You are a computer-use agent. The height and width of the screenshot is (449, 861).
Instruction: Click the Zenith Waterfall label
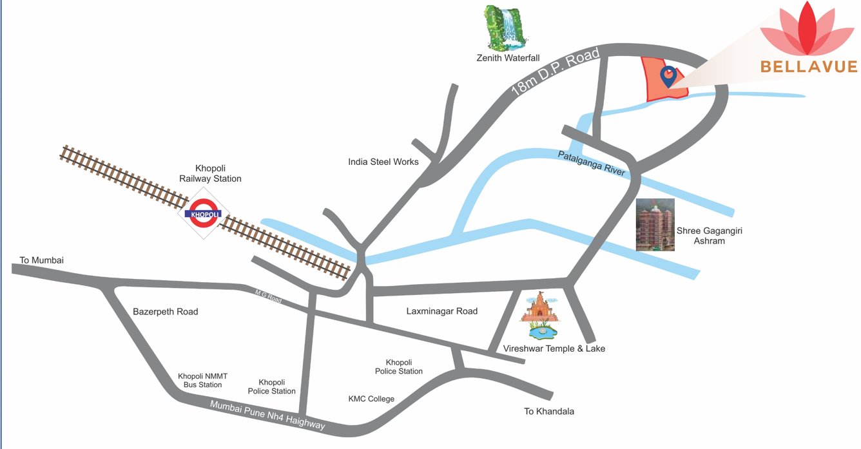[507, 58]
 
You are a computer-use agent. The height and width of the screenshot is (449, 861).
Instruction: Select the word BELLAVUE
[809, 66]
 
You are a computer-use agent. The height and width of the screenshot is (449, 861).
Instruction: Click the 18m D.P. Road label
[555, 72]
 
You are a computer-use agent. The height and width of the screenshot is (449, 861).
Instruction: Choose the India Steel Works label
[383, 162]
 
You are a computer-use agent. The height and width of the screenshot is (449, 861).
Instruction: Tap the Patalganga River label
[592, 160]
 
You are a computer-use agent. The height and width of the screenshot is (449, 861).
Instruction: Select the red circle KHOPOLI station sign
[203, 213]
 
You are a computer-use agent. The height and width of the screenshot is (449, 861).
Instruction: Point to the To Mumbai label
[41, 260]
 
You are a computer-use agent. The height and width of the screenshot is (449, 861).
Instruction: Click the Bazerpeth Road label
[165, 312]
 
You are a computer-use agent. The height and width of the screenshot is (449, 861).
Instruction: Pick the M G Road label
[267, 296]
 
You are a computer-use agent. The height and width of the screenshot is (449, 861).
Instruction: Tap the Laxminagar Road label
[441, 311]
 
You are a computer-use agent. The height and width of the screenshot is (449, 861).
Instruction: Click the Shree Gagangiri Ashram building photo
[655, 224]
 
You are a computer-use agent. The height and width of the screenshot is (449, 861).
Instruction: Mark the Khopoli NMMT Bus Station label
[202, 380]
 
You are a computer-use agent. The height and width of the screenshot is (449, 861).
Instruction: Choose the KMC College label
[371, 399]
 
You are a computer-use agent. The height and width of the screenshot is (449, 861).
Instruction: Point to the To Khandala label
[549, 411]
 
